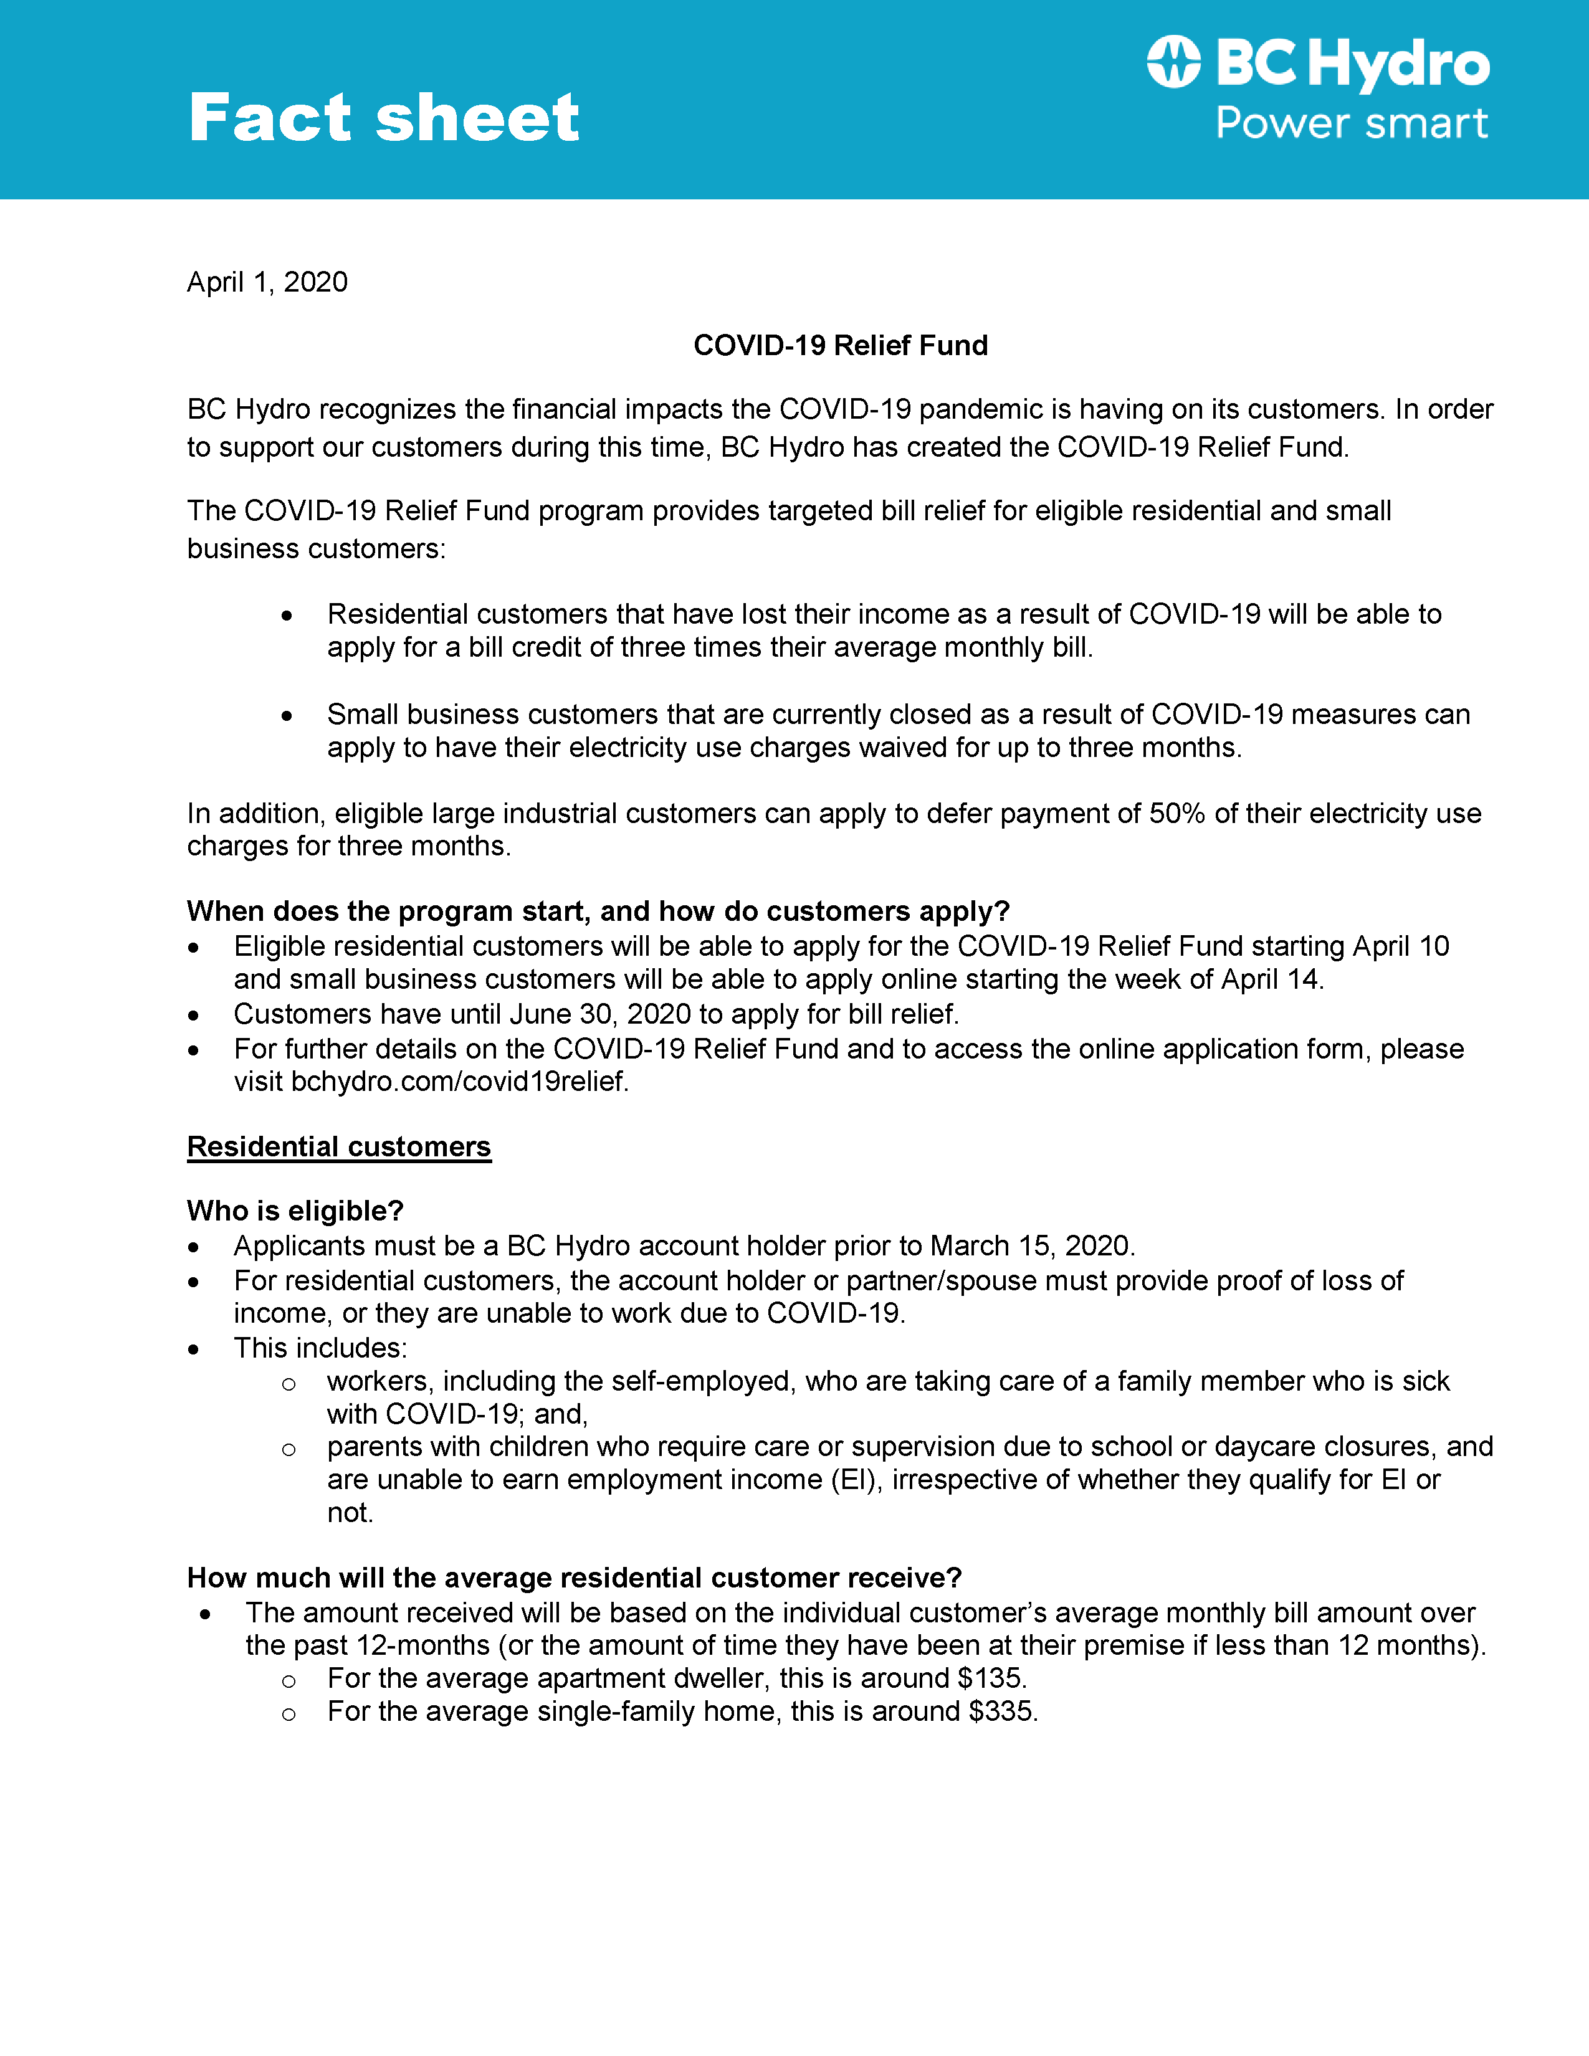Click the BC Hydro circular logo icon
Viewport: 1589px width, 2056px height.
pos(1173,62)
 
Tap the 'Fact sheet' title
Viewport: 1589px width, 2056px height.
pos(383,118)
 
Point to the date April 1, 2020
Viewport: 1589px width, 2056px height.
pos(267,282)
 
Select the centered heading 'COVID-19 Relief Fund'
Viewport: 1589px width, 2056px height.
pos(840,346)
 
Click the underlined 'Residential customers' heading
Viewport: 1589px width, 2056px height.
pos(339,1146)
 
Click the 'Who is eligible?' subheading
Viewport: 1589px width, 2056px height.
pos(295,1211)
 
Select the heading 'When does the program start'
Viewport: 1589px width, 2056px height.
pos(598,911)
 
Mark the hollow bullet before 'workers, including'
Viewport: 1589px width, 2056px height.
pos(289,1384)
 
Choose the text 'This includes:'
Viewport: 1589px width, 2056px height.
pos(320,1348)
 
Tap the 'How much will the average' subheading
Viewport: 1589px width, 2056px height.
pos(575,1578)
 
